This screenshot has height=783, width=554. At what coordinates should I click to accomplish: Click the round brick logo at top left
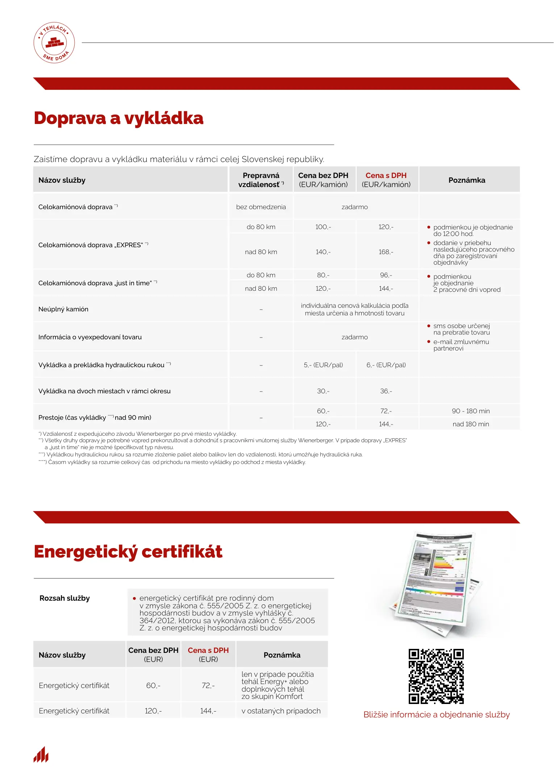[54, 43]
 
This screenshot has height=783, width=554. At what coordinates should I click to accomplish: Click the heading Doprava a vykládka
[118, 118]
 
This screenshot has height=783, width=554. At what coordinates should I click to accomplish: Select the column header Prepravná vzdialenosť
[261, 180]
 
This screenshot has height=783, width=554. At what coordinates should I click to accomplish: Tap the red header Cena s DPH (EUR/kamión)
[386, 180]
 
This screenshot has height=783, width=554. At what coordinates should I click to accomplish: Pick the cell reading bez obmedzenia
[261, 207]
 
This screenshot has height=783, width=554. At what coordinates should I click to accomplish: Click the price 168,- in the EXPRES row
[386, 252]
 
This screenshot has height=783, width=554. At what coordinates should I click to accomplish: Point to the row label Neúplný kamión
[63, 309]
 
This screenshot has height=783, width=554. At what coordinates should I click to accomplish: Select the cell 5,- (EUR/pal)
[323, 365]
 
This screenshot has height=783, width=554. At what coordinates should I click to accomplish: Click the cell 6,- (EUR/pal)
[386, 365]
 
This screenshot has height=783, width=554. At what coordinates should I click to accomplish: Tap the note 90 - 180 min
[471, 411]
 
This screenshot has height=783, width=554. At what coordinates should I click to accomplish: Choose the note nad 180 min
[471, 424]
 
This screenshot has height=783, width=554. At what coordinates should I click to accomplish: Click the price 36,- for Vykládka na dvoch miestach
[386, 391]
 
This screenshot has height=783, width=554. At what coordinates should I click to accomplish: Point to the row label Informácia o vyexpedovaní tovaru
[90, 337]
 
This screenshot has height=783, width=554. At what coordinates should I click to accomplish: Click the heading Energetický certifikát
[128, 552]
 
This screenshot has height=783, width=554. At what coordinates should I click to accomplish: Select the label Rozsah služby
[64, 598]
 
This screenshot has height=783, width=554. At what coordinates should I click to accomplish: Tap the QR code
[436, 676]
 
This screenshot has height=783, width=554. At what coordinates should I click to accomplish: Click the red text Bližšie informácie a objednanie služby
[437, 714]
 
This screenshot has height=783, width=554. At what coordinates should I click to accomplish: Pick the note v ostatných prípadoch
[281, 711]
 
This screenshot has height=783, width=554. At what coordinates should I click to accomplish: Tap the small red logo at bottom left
[41, 755]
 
